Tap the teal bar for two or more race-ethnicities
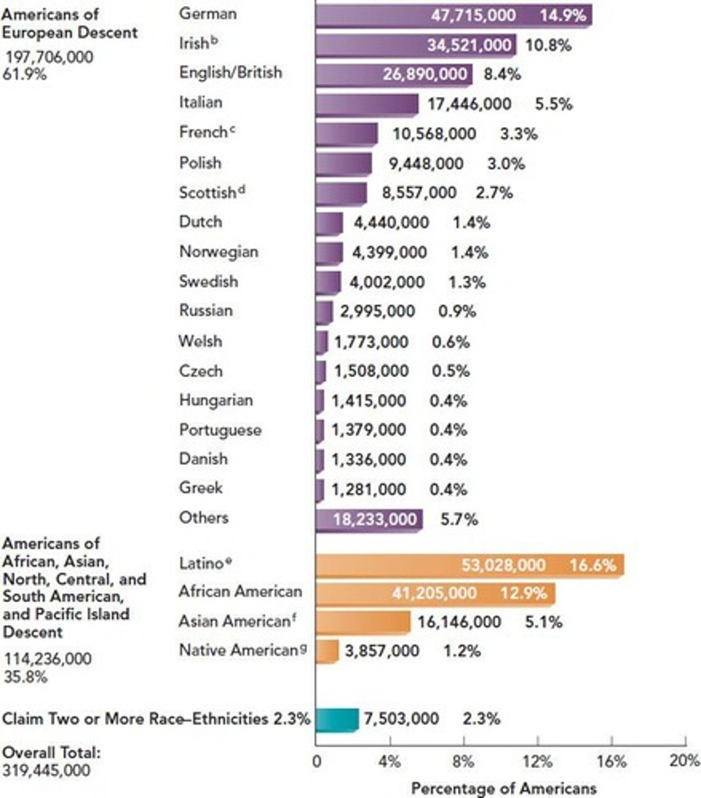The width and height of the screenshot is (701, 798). [337, 720]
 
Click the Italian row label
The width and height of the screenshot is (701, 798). [200, 102]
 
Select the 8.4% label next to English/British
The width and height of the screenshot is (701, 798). [502, 74]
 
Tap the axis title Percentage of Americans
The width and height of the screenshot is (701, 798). [503, 789]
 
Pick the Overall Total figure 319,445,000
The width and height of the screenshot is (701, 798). [46, 770]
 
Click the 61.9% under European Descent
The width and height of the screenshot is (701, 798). [25, 74]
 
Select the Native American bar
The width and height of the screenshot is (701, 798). [327, 651]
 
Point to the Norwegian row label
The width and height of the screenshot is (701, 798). [218, 252]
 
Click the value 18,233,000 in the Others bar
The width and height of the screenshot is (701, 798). [374, 519]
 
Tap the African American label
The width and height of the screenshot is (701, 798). [240, 591]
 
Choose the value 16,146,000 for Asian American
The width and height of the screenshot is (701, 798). [459, 622]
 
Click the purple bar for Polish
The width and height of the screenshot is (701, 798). [344, 164]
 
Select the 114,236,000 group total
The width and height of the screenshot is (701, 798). [48, 658]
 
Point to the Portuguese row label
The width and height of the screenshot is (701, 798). [220, 430]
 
